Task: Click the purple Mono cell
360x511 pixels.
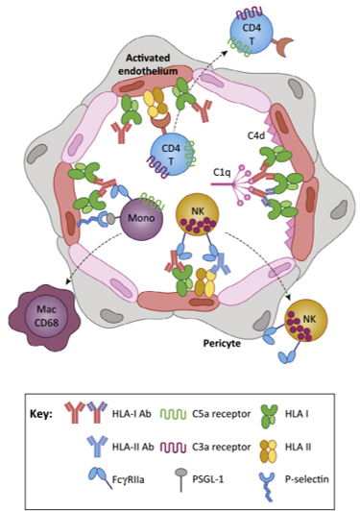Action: click(141, 219)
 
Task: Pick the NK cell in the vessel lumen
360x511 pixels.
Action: click(197, 214)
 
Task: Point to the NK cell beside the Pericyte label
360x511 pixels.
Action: click(306, 321)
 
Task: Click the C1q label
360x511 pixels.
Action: click(222, 172)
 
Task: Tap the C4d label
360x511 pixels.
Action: click(256, 135)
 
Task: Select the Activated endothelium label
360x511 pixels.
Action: click(148, 64)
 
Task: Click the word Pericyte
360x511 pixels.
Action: click(222, 343)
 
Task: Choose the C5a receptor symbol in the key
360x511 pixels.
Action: click(174, 414)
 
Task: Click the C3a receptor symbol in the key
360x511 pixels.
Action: click(174, 448)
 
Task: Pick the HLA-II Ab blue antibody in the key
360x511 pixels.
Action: click(97, 447)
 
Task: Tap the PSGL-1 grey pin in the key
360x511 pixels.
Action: click(181, 479)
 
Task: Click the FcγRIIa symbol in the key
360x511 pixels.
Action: click(100, 477)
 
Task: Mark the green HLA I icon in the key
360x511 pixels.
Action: click(269, 416)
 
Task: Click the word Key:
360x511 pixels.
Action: click(41, 414)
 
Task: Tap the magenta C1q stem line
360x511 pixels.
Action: click(223, 184)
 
